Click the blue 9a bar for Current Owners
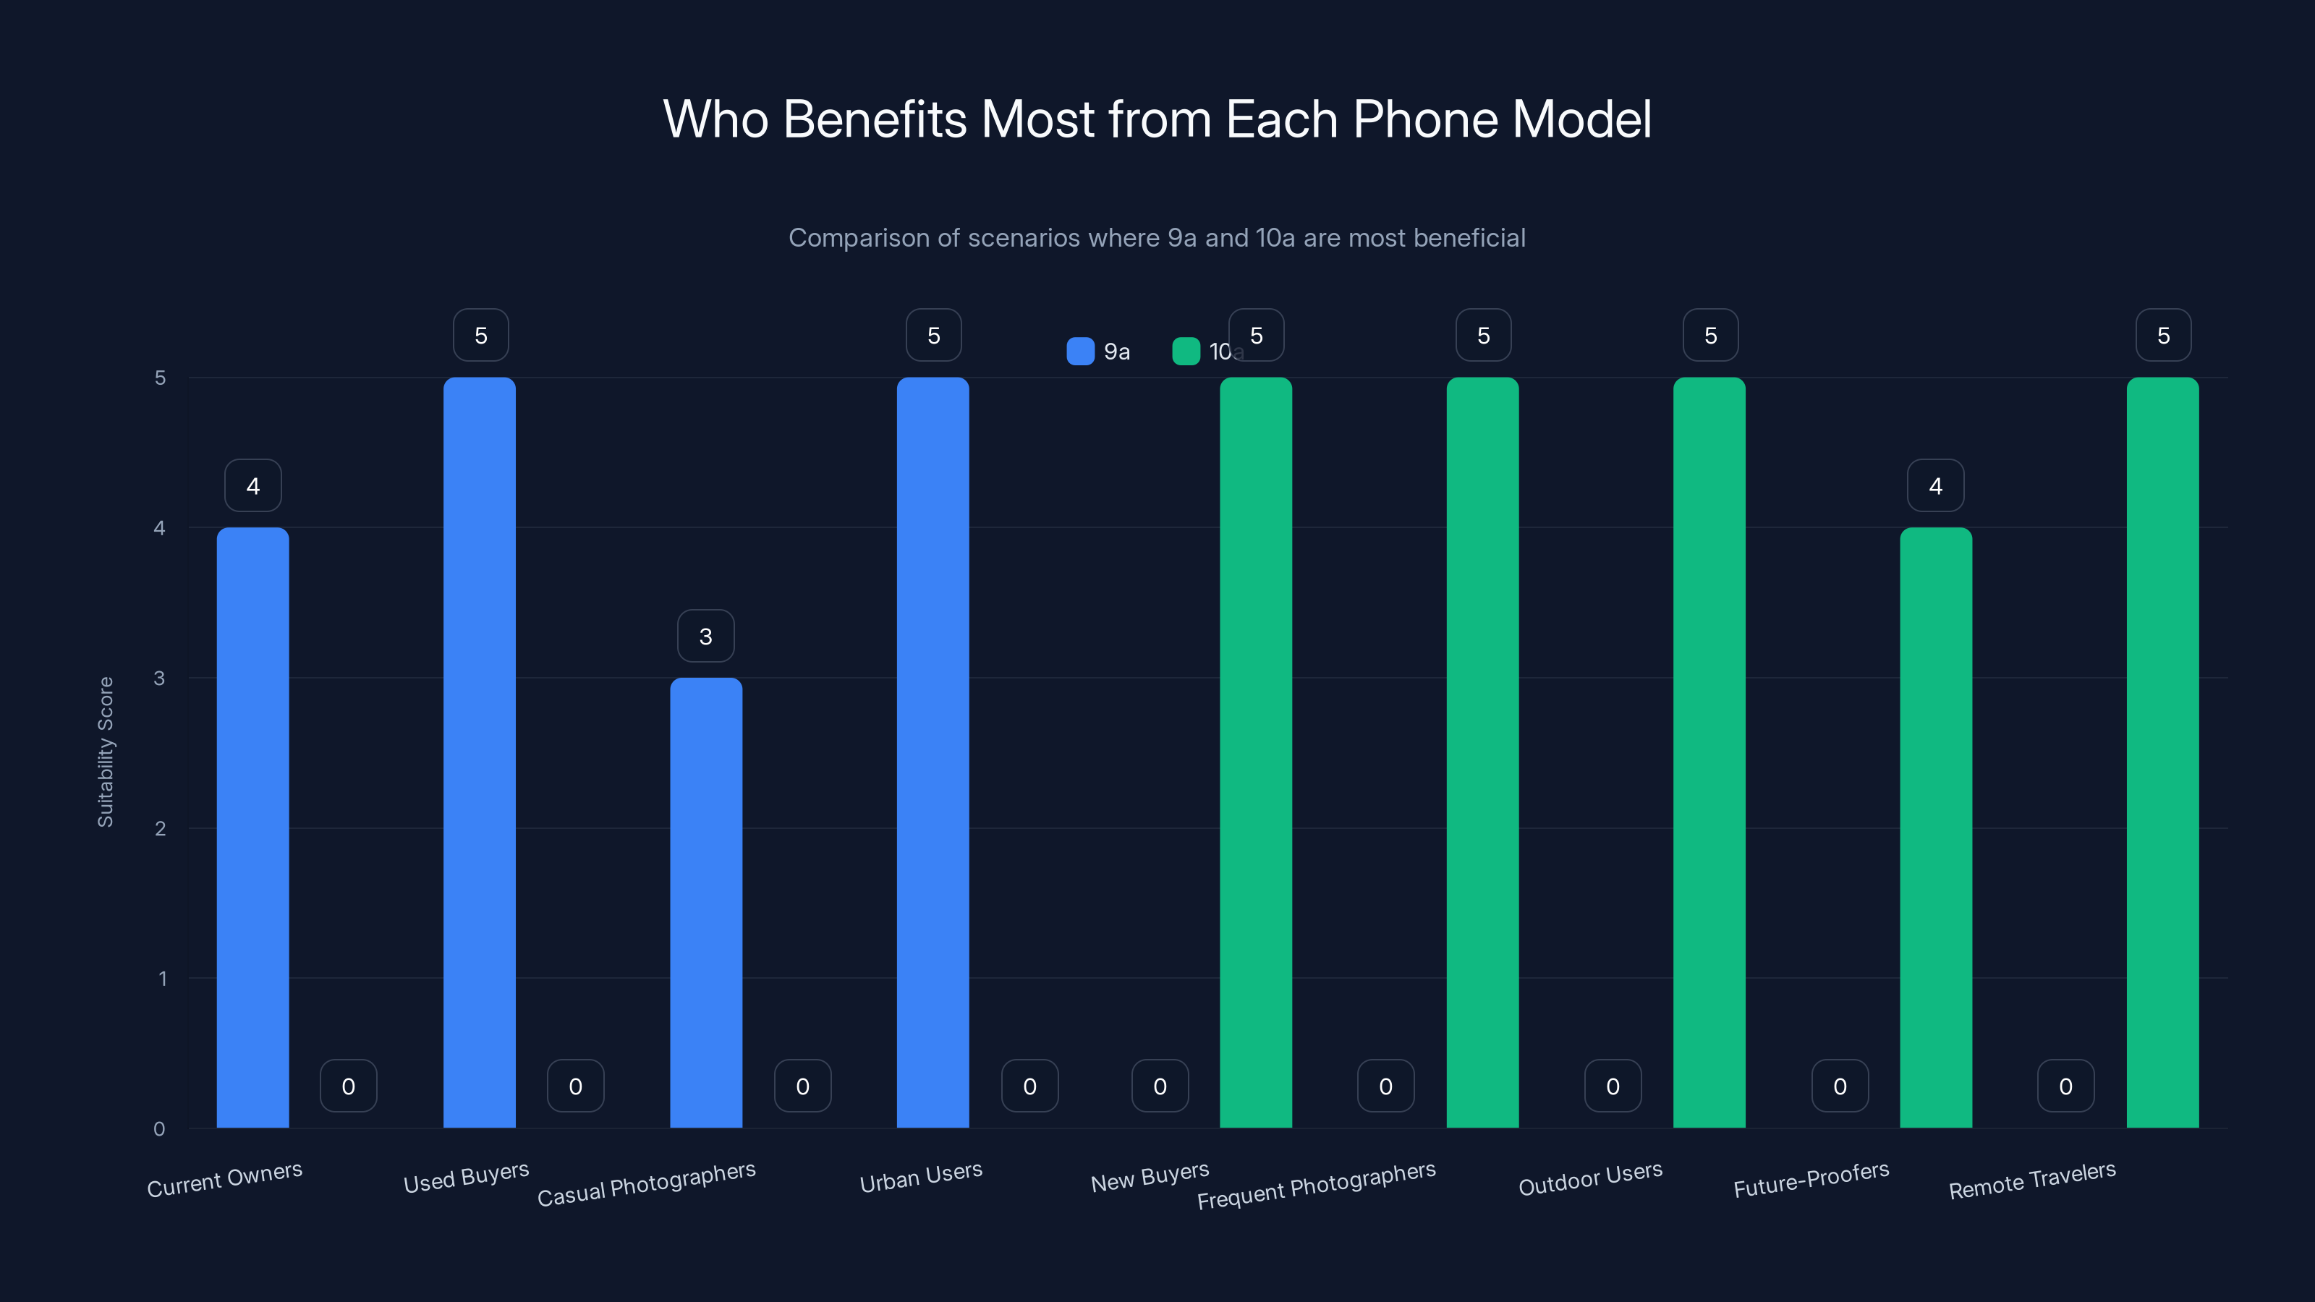point(252,827)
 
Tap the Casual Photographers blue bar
point(706,902)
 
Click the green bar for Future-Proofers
point(1936,827)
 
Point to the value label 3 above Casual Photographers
point(705,637)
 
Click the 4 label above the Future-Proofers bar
point(1936,486)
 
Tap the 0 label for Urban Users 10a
point(1030,1086)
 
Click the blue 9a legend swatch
point(1080,352)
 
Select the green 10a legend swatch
point(1186,352)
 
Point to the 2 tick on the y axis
point(160,828)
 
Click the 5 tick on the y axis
point(160,378)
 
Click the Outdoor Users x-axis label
point(1590,1178)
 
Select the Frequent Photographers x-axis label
point(1316,1184)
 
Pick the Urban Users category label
point(920,1177)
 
